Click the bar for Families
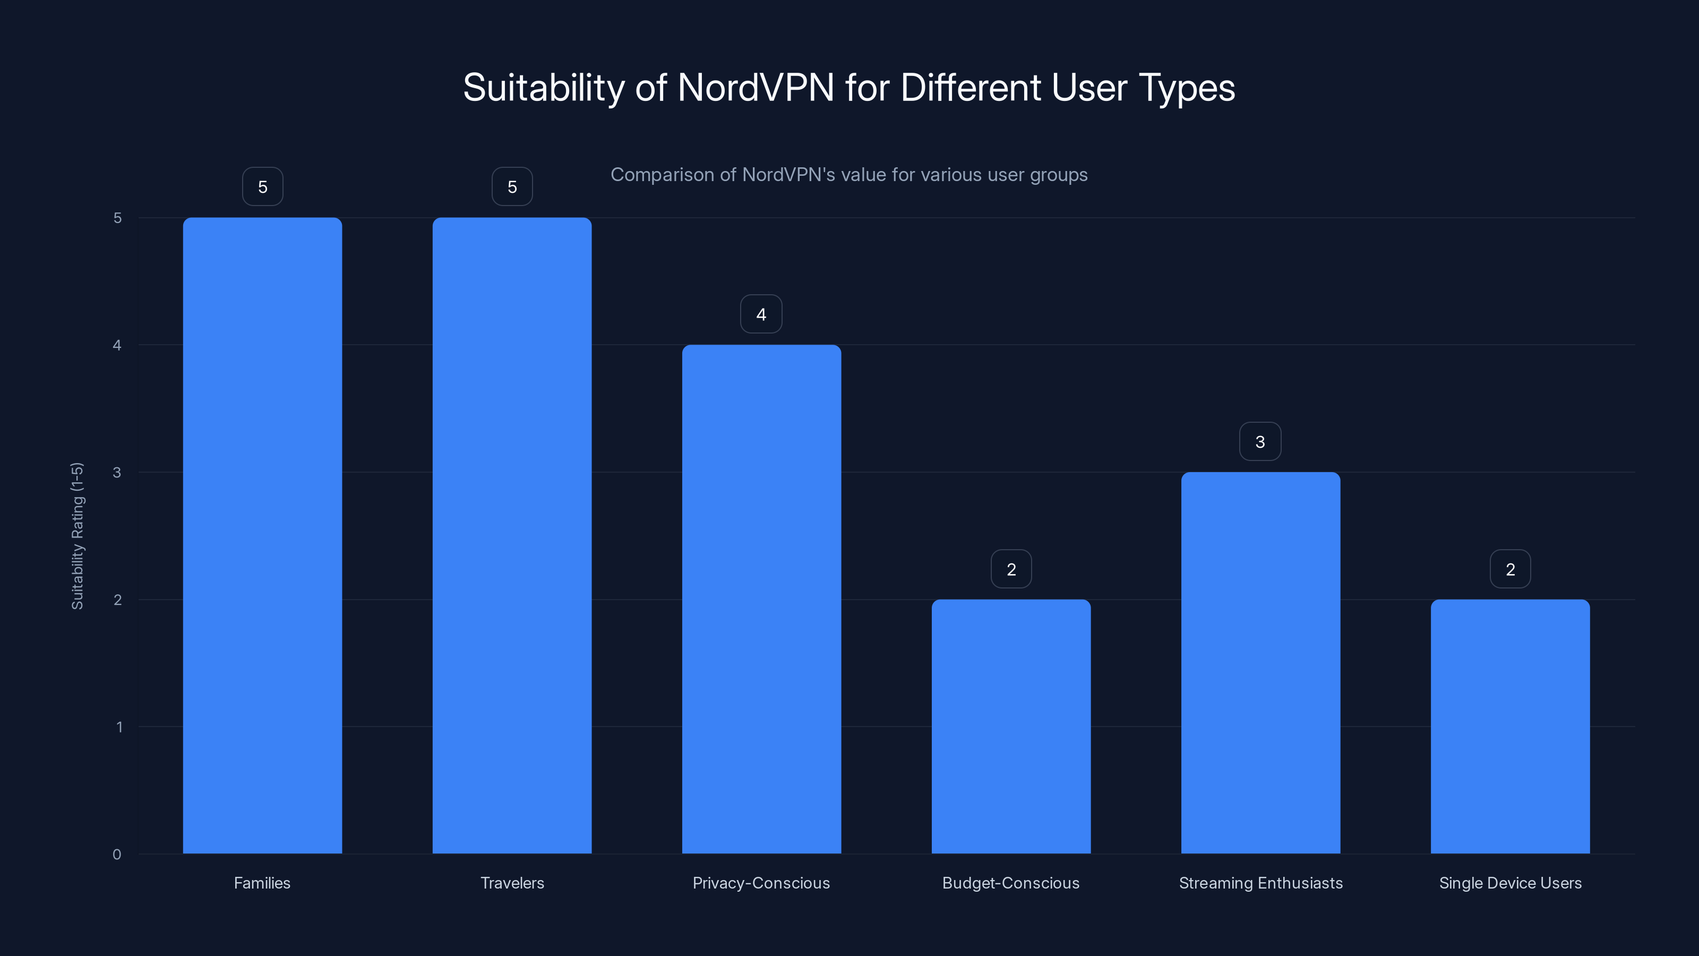pos(262,535)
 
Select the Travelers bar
pos(512,535)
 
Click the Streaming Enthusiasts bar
pos(1260,662)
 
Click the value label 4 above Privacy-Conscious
pos(761,314)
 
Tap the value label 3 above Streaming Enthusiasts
pos(1260,441)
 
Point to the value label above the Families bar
pos(262,187)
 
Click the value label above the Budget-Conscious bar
pos(1011,569)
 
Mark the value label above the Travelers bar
pos(512,187)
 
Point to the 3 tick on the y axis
pos(117,472)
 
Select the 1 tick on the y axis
pos(119,727)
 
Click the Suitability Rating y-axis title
pos(77,536)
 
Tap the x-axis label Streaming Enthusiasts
pos(1260,883)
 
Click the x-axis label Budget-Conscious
pos(1010,883)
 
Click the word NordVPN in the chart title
pos(756,88)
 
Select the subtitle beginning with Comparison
pos(849,175)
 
